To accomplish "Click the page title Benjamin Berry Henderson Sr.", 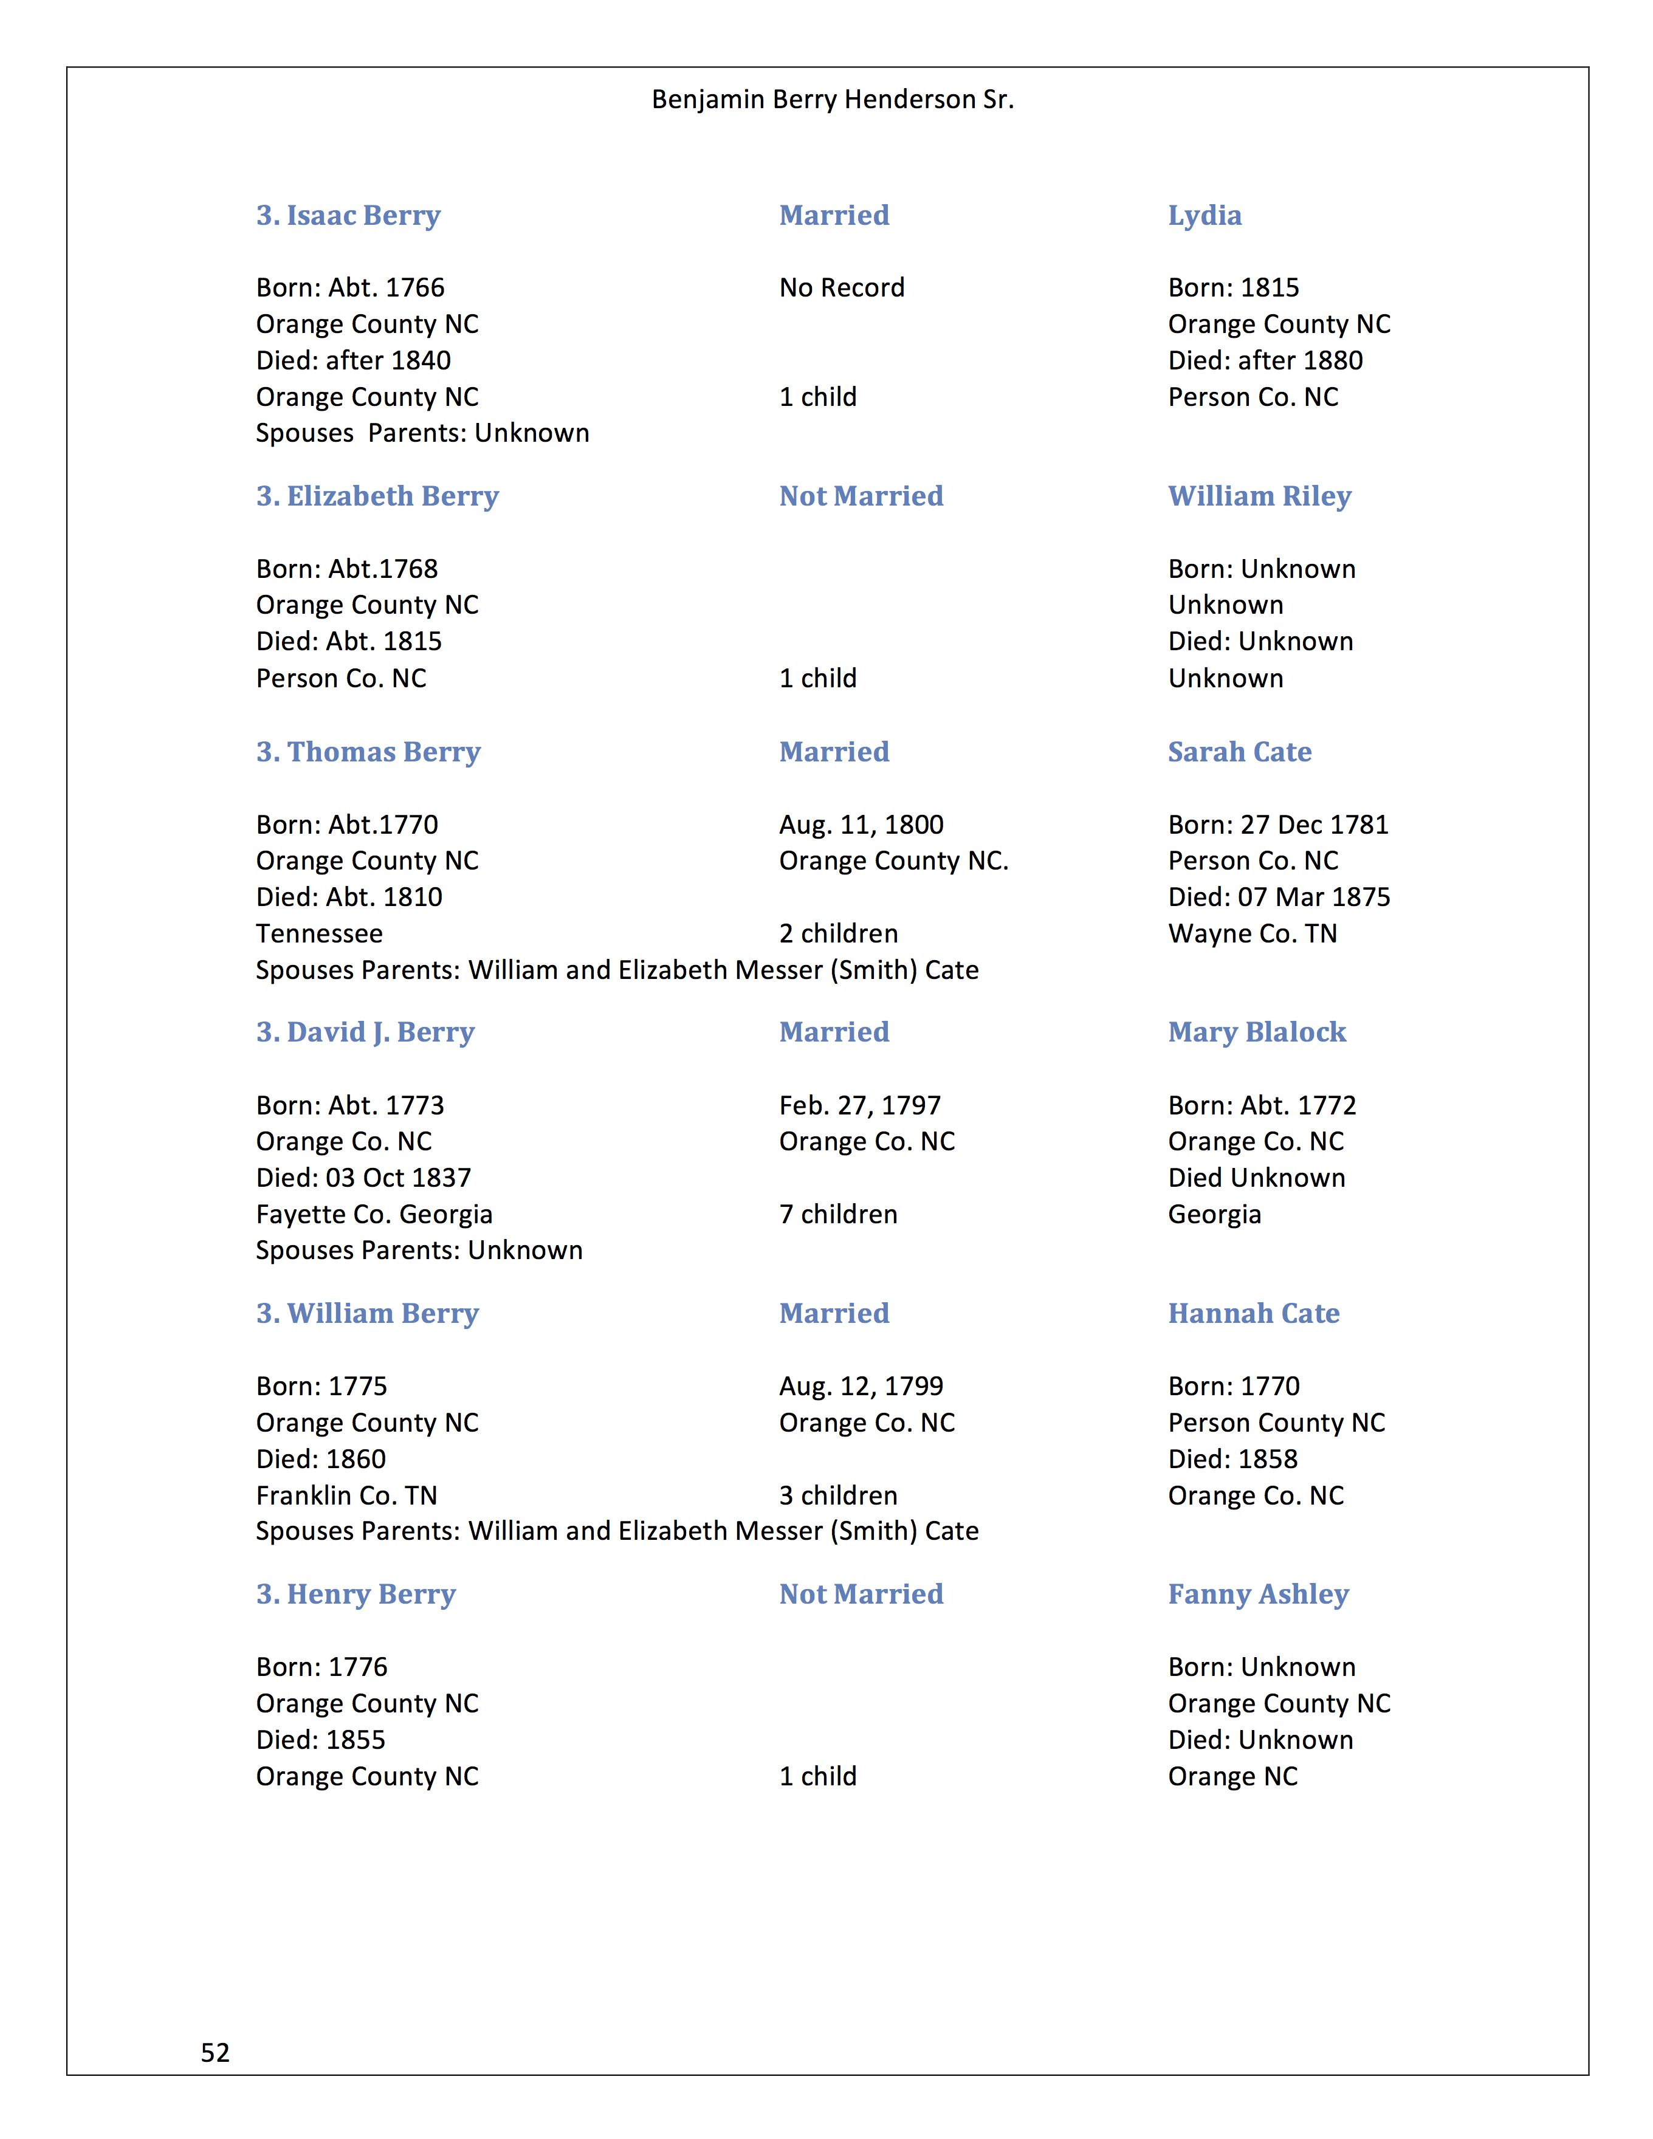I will [x=833, y=100].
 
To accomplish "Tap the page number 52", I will [x=216, y=2052].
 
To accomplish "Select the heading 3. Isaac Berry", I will [x=349, y=216].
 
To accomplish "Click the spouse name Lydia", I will [x=1205, y=216].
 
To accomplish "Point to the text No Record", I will [x=841, y=288].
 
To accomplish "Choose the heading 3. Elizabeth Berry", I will [x=377, y=496].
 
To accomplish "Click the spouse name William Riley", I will [x=1259, y=496].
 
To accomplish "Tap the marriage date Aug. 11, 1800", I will [x=861, y=825].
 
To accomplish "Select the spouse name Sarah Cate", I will [x=1240, y=752].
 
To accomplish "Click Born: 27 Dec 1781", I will [x=1278, y=825].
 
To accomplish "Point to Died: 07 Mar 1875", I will [x=1279, y=897].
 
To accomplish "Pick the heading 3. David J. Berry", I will [x=365, y=1032].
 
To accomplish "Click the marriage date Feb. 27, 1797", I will [x=860, y=1106].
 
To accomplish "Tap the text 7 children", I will [x=838, y=1215].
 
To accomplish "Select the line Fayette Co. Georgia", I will [x=374, y=1215].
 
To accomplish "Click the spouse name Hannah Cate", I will [x=1254, y=1313].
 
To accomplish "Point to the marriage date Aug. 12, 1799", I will [x=861, y=1387].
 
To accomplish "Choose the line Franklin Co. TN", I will [x=346, y=1495].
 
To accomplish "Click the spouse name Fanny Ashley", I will [x=1259, y=1595].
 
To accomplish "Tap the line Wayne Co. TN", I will [x=1253, y=933].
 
